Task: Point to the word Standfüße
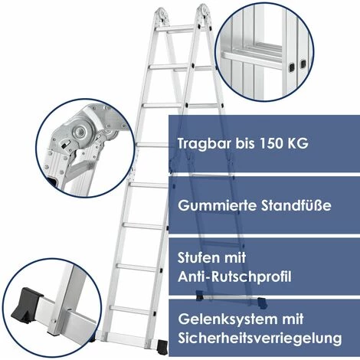click(296, 205)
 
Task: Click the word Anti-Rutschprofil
click(234, 277)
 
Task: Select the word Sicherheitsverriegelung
click(260, 339)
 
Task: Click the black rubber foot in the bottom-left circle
click(26, 305)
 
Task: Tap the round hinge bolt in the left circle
click(80, 132)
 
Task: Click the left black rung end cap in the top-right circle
click(292, 67)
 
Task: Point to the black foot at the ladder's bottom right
click(162, 347)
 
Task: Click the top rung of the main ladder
click(176, 28)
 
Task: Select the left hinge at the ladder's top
click(162, 15)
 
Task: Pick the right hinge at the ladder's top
click(204, 13)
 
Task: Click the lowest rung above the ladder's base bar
click(132, 310)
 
